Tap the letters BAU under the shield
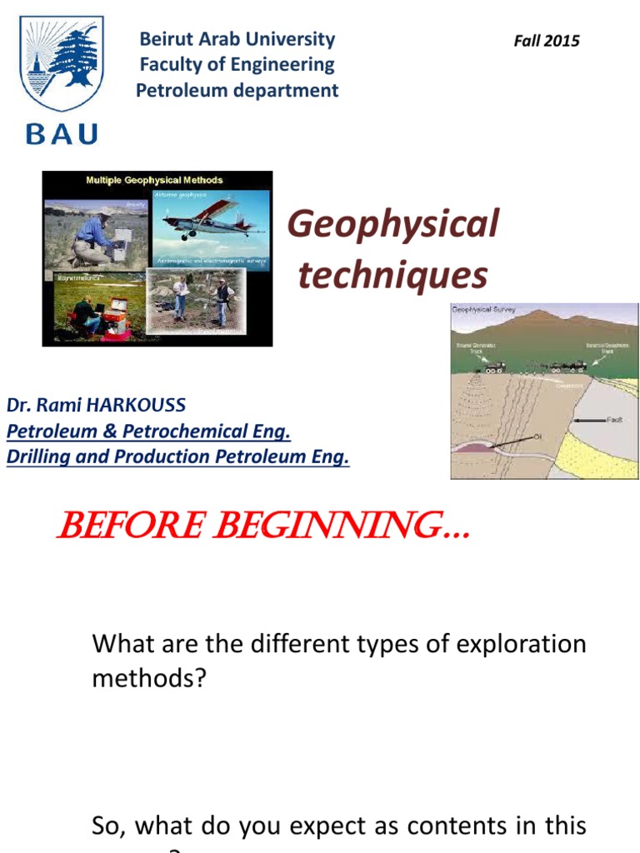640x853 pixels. coord(62,133)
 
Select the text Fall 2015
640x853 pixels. coord(547,41)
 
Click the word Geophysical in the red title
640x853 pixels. coord(392,224)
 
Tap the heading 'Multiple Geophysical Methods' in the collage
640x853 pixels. coord(155,180)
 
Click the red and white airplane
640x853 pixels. coord(208,219)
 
